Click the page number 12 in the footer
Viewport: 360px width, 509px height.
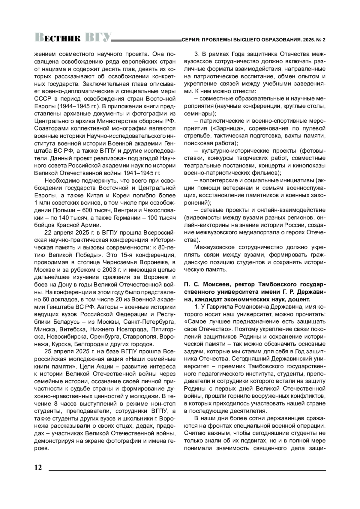click(x=38, y=468)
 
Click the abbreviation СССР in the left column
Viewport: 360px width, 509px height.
click(x=42, y=99)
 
